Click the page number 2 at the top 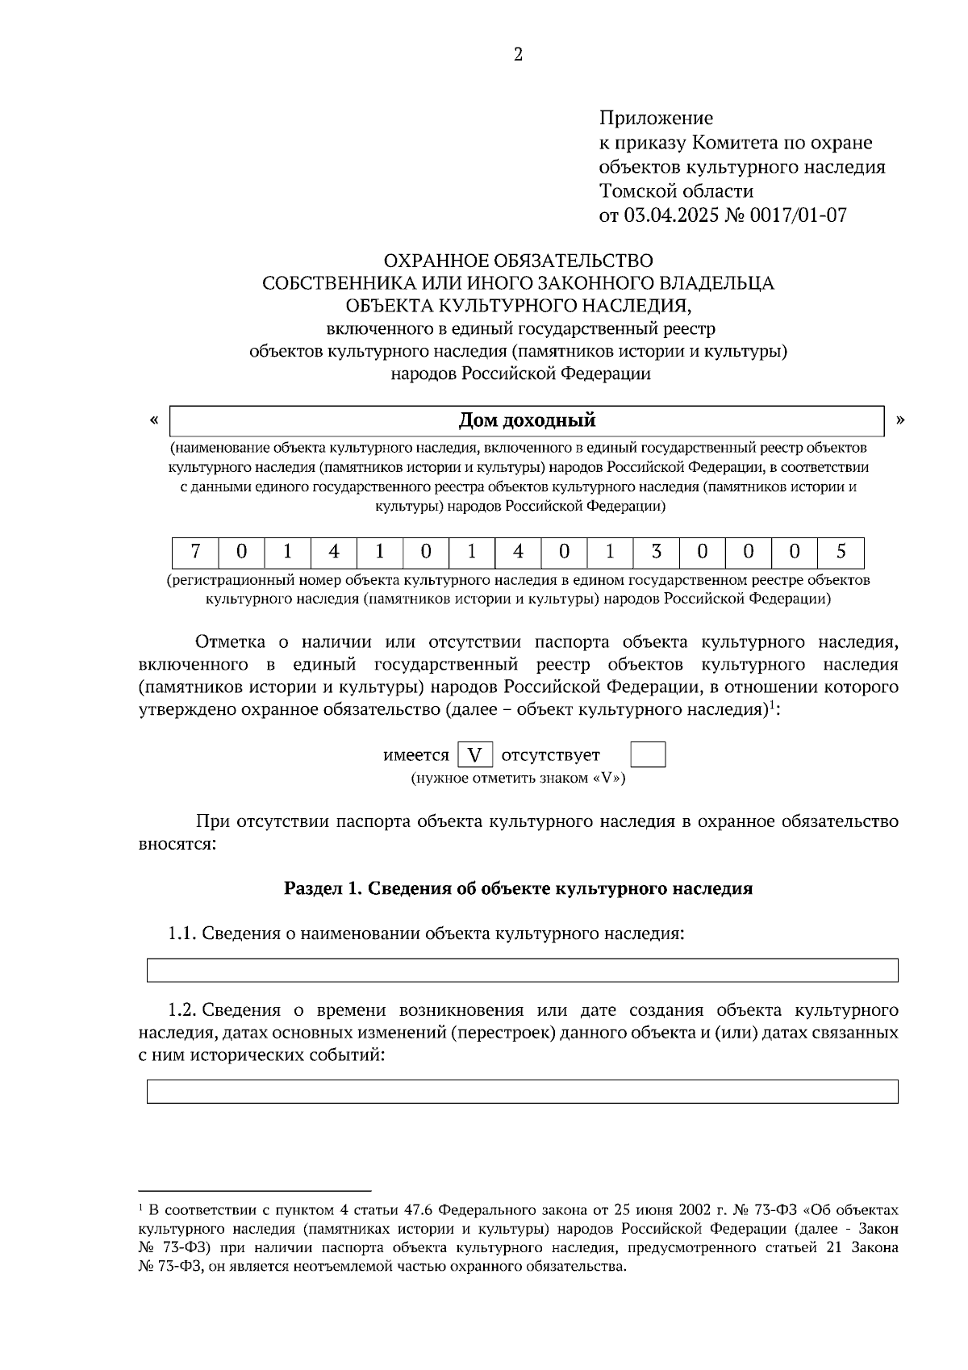pos(518,55)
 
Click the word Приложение pos(656,119)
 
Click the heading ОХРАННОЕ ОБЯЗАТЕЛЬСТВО pos(518,261)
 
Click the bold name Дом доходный pos(527,420)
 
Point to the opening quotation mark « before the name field pos(153,420)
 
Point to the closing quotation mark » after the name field pos(900,420)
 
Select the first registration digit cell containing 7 pos(195,553)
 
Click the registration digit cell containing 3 pos(657,553)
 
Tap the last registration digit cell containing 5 pos(841,553)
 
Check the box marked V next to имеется pos(475,755)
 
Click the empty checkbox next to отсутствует pos(648,755)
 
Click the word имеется pos(415,755)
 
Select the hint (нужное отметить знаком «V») pos(518,779)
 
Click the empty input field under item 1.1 pos(522,970)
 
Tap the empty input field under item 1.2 pos(522,1091)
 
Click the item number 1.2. pos(181,1010)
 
